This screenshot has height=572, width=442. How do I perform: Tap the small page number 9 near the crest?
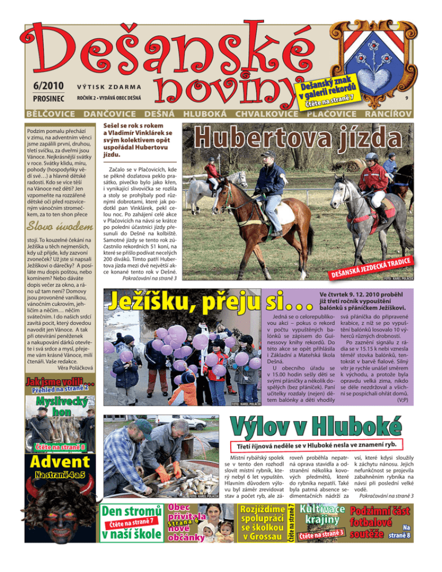pyautogui.click(x=406, y=98)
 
